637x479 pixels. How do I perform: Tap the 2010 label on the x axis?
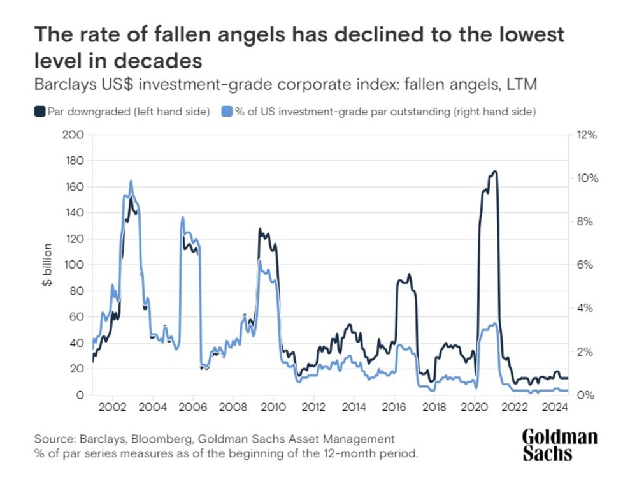[273, 407]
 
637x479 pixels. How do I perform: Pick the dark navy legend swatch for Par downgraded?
[39, 112]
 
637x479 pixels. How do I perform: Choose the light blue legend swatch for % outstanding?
[227, 112]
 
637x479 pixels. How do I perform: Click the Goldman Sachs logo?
[559, 445]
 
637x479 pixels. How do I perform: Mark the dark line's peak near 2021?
[494, 171]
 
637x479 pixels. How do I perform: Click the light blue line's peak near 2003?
[131, 181]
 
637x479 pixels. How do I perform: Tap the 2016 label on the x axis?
[394, 407]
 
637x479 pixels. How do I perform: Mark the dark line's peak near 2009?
[259, 228]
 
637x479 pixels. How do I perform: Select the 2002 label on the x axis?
[113, 407]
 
